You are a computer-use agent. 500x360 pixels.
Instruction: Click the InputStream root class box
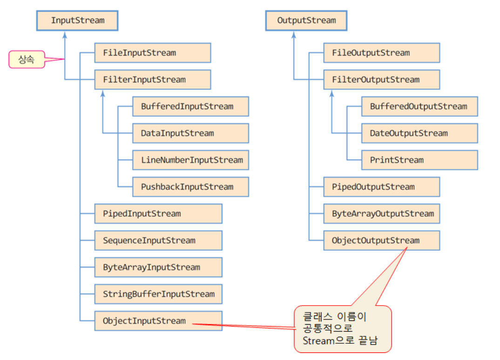click(x=77, y=20)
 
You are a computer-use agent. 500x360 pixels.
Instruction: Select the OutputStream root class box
click(x=306, y=20)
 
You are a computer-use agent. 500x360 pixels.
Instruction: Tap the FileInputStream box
click(x=152, y=53)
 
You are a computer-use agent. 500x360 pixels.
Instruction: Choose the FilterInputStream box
click(x=152, y=80)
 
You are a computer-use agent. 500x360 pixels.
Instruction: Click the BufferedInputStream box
click(x=190, y=107)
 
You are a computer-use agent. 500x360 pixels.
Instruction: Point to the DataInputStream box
click(x=190, y=133)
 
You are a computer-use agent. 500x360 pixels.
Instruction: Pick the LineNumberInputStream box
click(x=190, y=160)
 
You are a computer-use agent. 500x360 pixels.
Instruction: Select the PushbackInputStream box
click(x=190, y=187)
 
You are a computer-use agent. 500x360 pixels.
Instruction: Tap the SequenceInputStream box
click(x=158, y=240)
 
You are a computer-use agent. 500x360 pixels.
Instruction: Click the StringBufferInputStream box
click(x=158, y=294)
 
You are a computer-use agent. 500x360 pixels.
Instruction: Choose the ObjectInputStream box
click(x=158, y=321)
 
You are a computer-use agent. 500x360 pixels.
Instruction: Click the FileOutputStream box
click(x=381, y=53)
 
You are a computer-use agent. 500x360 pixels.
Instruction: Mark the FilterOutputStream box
click(x=381, y=80)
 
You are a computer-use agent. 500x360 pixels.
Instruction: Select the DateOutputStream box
click(x=419, y=133)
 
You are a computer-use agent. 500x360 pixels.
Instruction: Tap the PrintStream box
click(x=419, y=160)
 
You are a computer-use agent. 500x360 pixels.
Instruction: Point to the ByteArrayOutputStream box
click(x=381, y=214)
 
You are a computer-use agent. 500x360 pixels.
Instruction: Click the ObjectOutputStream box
click(x=381, y=240)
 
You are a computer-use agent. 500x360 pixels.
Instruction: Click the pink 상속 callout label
click(x=27, y=60)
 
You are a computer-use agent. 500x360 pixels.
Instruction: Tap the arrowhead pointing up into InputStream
click(x=65, y=34)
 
